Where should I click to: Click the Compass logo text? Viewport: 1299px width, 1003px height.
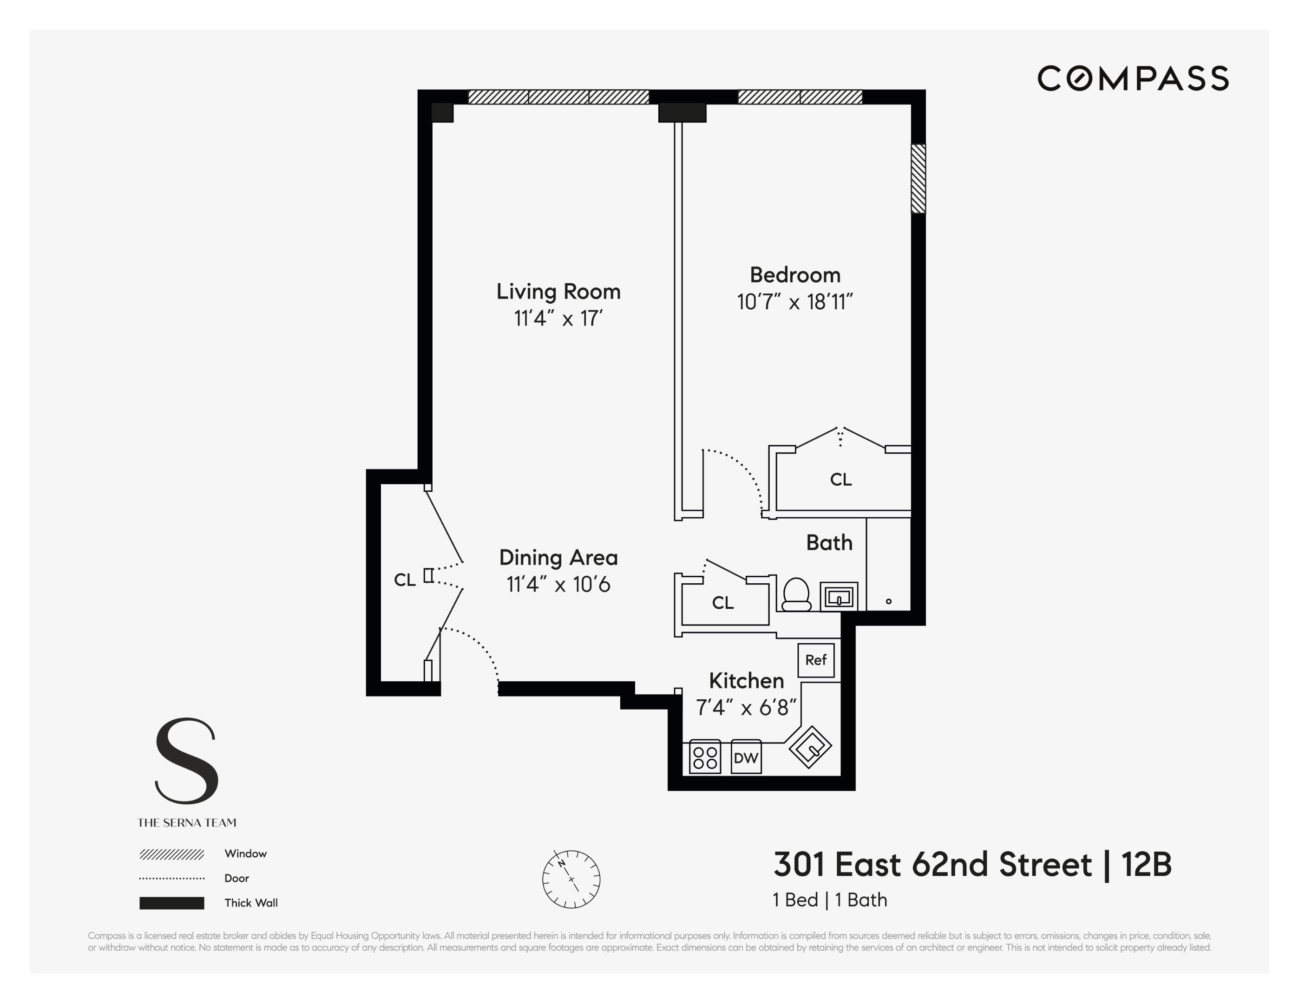tap(1133, 78)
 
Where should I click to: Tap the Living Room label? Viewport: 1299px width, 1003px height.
tap(558, 291)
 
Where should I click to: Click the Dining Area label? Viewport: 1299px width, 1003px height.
tap(558, 557)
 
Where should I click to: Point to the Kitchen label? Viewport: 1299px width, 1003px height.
tap(747, 680)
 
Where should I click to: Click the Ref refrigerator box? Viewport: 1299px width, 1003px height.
tap(816, 660)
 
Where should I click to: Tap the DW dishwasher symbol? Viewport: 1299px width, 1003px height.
tap(746, 757)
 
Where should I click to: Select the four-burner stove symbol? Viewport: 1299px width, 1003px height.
tap(705, 757)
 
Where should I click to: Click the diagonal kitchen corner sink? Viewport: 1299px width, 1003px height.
tap(810, 747)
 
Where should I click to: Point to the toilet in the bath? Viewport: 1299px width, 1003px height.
tap(796, 594)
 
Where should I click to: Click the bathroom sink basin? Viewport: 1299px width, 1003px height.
tap(839, 596)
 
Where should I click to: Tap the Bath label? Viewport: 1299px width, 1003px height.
tap(829, 543)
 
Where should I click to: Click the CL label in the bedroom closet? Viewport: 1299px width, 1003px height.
tap(840, 479)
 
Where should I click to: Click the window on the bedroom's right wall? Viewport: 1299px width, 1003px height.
tap(918, 178)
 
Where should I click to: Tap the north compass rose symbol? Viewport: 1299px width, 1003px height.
tap(571, 879)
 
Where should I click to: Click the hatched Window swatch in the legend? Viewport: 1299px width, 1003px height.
tap(171, 854)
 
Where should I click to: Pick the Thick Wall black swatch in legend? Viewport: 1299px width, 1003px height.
tap(171, 903)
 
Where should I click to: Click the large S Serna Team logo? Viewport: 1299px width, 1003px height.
tap(187, 762)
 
